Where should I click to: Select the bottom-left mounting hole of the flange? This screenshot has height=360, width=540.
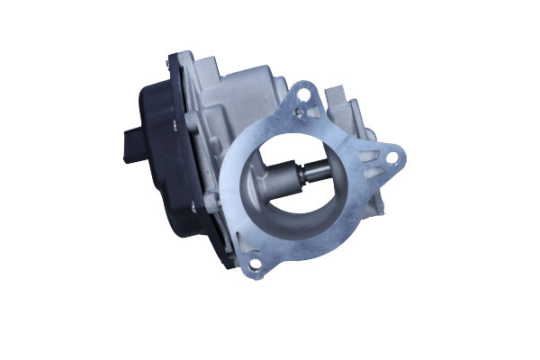pos(255,264)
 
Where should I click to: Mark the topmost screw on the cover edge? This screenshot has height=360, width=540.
pos(170,64)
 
